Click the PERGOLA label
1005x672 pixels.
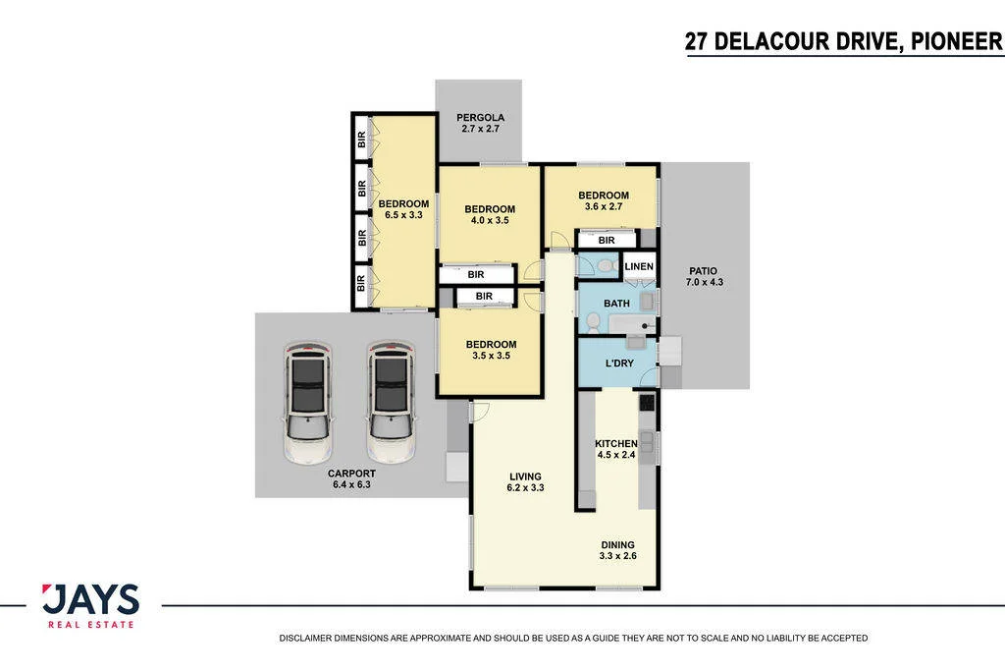(480, 118)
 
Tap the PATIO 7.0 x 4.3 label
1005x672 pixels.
(704, 277)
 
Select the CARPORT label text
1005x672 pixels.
(351, 474)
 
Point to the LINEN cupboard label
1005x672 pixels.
(639, 266)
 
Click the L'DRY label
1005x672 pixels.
(619, 364)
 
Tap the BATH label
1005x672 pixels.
(616, 304)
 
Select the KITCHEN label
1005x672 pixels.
(616, 443)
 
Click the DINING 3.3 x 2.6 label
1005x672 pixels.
(618, 550)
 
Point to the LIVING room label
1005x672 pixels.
(526, 476)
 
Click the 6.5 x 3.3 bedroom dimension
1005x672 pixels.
(403, 215)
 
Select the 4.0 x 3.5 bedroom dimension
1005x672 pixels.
(490, 220)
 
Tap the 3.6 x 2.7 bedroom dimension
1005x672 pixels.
(604, 206)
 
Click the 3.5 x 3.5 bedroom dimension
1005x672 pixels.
(491, 356)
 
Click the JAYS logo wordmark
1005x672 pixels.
(90, 599)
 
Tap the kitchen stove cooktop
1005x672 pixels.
(647, 402)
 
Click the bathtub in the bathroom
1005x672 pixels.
(632, 324)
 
